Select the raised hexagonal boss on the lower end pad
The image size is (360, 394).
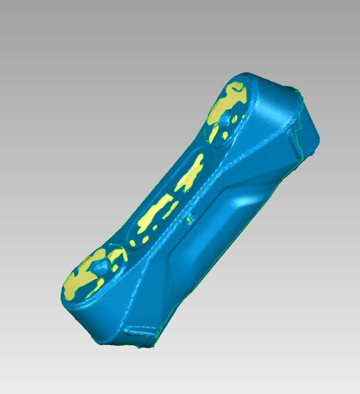tap(100, 267)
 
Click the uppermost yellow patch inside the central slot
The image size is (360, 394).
tap(191, 172)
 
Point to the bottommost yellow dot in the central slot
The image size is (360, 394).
tap(133, 243)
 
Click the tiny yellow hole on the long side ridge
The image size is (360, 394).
tap(189, 219)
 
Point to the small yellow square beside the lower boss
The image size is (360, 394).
tap(115, 267)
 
